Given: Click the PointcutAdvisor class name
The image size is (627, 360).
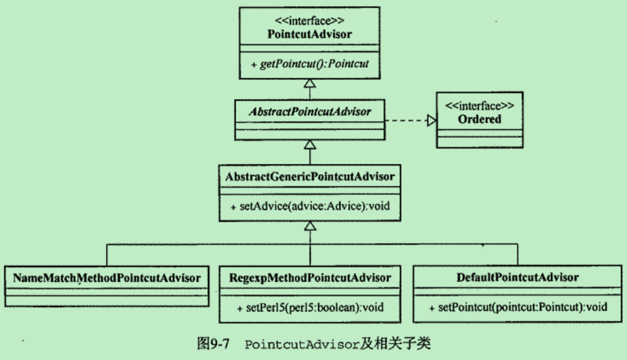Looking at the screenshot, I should click(309, 33).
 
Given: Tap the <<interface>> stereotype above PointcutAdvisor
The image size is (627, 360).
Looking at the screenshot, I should click(309, 20).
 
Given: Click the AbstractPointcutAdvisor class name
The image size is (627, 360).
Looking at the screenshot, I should click(310, 112).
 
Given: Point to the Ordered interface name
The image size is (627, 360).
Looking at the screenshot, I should click(479, 119).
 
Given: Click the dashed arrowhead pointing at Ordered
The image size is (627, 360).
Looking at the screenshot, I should click(431, 121).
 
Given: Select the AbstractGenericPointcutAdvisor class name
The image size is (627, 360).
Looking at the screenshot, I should click(310, 177).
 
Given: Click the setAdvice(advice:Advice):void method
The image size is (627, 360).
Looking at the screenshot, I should click(310, 206).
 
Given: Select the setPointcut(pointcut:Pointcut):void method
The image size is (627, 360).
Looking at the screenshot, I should click(518, 307).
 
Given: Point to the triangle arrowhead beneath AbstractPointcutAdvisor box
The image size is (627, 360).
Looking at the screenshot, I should click(310, 144).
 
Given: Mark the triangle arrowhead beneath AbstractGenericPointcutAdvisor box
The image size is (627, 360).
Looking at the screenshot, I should click(310, 226).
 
